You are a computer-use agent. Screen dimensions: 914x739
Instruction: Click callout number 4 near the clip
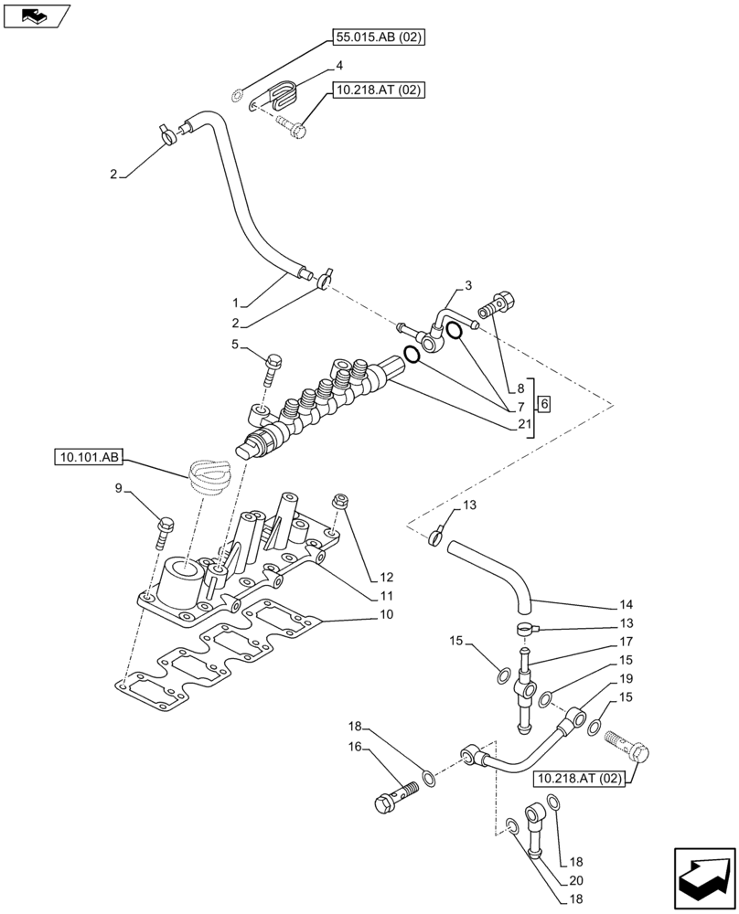[x=339, y=66]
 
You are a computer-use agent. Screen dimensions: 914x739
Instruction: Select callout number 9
[x=118, y=489]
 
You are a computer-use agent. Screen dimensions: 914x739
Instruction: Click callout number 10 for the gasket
[x=387, y=615]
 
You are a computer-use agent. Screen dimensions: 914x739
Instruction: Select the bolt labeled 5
[x=271, y=370]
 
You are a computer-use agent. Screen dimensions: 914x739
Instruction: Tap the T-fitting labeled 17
[x=525, y=685]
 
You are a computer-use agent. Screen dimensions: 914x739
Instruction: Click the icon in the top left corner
[x=37, y=16]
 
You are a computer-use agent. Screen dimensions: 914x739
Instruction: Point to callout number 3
[x=467, y=286]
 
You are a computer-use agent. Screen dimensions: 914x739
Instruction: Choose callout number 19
[x=626, y=679]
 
